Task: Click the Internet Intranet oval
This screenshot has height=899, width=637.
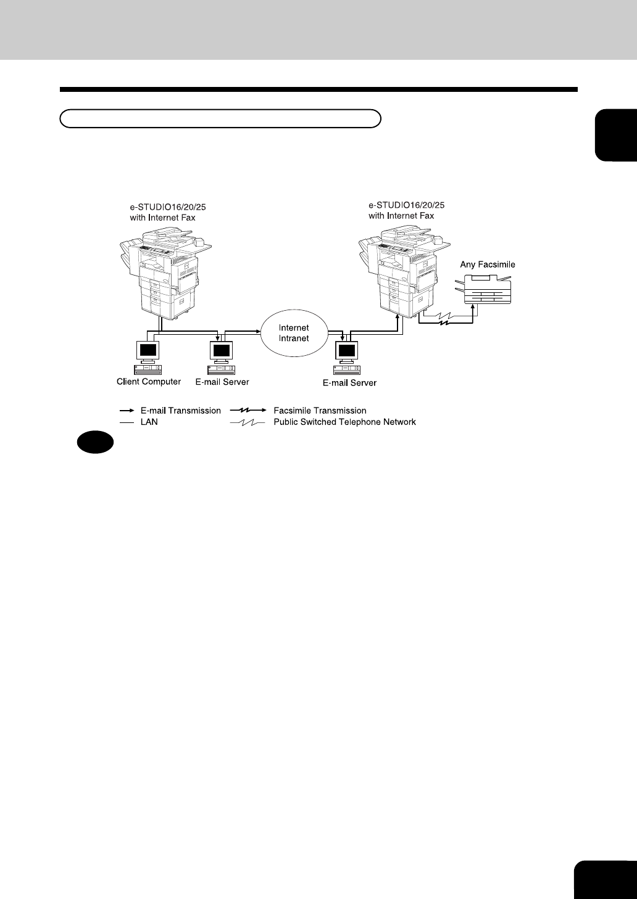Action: coord(293,333)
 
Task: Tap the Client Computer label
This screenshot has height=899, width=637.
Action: coord(149,382)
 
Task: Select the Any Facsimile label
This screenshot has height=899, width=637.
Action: coord(488,265)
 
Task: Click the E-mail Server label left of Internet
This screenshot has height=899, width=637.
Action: coord(222,382)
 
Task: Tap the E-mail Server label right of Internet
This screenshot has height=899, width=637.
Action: coord(349,383)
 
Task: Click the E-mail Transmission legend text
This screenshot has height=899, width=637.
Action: coord(181,411)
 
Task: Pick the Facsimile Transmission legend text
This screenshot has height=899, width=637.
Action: coord(320,411)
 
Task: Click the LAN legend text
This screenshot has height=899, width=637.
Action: coord(149,422)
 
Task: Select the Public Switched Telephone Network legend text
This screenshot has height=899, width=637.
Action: coord(344,422)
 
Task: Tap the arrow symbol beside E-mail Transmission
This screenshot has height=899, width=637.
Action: coord(127,411)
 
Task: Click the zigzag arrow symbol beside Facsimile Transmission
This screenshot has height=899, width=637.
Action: coord(248,411)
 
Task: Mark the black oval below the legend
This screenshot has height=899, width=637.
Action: coord(96,442)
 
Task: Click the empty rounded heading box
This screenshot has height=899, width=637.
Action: coord(220,118)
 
